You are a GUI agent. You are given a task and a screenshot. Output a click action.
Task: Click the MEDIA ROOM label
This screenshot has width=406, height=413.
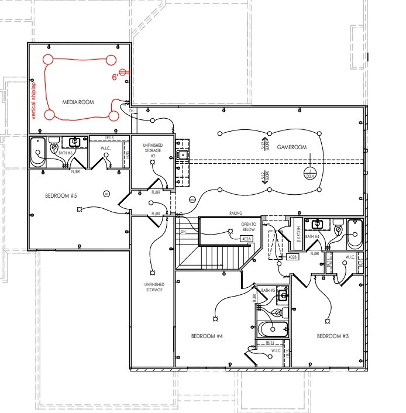pyautogui.click(x=78, y=102)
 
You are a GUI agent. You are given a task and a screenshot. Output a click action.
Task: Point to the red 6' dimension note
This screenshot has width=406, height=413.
pyautogui.click(x=116, y=77)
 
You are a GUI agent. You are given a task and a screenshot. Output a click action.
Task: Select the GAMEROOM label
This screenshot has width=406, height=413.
pyautogui.click(x=292, y=147)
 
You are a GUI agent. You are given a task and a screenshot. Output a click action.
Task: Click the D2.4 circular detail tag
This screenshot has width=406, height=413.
pyautogui.click(x=311, y=175)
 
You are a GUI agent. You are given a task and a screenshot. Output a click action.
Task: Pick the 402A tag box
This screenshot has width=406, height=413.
pyautogui.click(x=246, y=239)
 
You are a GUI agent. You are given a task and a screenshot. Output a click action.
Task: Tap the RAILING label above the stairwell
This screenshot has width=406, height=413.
pyautogui.click(x=236, y=214)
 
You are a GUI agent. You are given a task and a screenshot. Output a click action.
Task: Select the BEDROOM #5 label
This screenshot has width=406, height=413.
pyautogui.click(x=61, y=195)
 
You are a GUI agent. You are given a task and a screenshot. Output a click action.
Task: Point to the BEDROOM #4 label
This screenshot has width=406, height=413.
pyautogui.click(x=208, y=336)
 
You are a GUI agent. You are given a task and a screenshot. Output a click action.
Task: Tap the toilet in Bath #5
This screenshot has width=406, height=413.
pyautogui.click(x=285, y=312)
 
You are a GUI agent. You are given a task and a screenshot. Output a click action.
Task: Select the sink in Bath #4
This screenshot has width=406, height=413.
pyautogui.click(x=319, y=224)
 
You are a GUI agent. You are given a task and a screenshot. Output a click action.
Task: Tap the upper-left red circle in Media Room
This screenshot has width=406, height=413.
pyautogui.click(x=46, y=59)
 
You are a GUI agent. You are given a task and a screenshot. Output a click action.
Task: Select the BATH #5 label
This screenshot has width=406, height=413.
pyautogui.click(x=269, y=291)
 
